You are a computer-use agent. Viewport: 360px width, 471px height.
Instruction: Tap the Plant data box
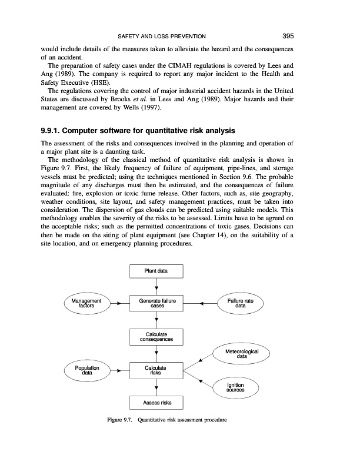(x=156, y=271)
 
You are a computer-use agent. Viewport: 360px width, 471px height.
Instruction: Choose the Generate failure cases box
(x=156, y=304)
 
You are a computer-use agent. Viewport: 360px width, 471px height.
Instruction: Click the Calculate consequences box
(x=156, y=337)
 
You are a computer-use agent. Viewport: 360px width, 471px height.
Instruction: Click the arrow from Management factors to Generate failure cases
(x=118, y=304)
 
